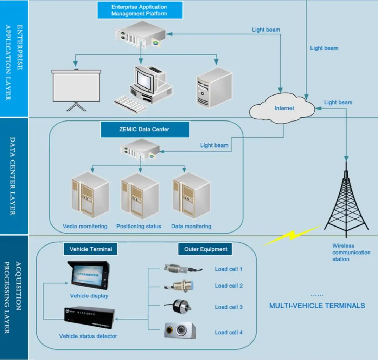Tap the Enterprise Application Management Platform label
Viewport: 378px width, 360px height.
click(139, 10)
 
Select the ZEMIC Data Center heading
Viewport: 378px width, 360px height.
click(145, 129)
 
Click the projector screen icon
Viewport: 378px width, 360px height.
click(76, 86)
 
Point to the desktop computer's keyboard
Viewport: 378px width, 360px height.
click(130, 104)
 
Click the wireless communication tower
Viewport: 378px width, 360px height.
click(346, 200)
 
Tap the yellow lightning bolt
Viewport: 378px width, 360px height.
click(291, 236)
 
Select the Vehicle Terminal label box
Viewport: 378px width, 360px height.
click(90, 249)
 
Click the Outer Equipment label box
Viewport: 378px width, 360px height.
click(205, 249)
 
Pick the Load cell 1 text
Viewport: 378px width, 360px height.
click(229, 269)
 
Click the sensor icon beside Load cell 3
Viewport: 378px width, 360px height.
click(179, 307)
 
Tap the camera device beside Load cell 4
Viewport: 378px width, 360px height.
click(179, 330)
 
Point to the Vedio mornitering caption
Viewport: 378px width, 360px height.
click(85, 226)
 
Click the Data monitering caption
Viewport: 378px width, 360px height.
click(191, 226)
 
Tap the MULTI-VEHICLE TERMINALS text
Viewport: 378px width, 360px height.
click(317, 306)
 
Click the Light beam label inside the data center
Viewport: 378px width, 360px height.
click(214, 145)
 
